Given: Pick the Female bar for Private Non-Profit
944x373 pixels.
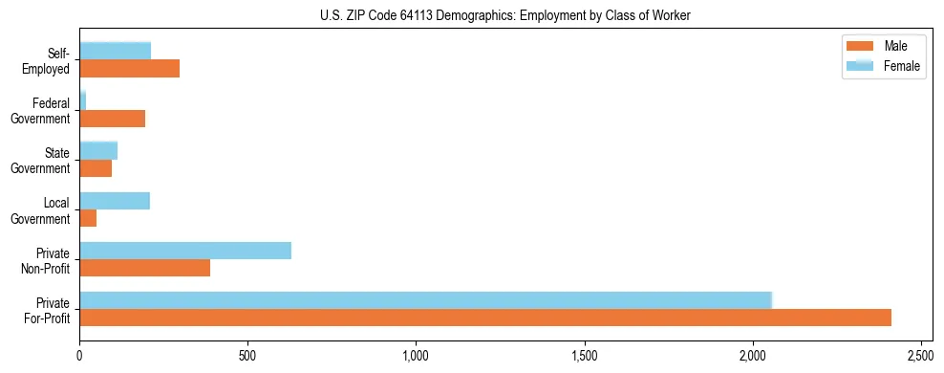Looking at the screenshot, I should [x=185, y=251].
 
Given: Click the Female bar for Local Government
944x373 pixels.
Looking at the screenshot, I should [x=115, y=201].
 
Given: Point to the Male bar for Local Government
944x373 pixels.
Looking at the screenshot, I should [x=88, y=218].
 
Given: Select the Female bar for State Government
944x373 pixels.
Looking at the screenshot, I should [x=98, y=150].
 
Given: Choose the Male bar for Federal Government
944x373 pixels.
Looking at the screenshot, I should [x=113, y=119].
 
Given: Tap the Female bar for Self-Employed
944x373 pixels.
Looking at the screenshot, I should [x=116, y=51].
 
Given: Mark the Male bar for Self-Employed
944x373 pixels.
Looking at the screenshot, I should [x=130, y=69].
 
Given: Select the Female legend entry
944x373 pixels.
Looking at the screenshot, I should [x=884, y=66].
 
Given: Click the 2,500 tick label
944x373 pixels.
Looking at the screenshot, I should [x=921, y=356].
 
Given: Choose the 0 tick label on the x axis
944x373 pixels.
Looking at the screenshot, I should [x=80, y=356].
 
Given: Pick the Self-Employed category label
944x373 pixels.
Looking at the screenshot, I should [x=50, y=61].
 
